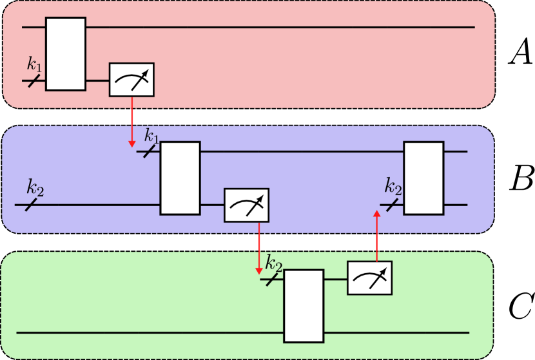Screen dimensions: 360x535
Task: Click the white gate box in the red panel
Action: click(x=65, y=54)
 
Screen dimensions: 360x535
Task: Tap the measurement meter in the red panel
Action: click(x=131, y=80)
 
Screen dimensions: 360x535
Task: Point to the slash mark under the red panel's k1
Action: click(x=34, y=81)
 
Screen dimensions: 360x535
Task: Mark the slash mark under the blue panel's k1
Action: click(x=149, y=151)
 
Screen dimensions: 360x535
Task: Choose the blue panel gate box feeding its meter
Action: click(x=180, y=178)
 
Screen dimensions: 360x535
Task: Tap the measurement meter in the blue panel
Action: click(x=246, y=205)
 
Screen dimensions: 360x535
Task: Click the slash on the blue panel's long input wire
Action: click(x=32, y=204)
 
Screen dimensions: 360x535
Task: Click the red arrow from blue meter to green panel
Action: click(x=258, y=245)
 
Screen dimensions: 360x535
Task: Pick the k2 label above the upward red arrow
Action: click(x=393, y=187)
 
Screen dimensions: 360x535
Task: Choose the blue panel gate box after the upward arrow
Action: click(x=423, y=178)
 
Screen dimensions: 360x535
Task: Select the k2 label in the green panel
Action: click(x=274, y=263)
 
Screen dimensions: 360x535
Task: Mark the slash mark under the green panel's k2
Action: click(x=273, y=279)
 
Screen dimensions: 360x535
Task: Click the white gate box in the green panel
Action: click(x=304, y=306)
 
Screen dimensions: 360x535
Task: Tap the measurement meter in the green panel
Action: click(x=369, y=278)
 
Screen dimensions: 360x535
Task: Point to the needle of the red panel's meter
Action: click(x=140, y=77)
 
